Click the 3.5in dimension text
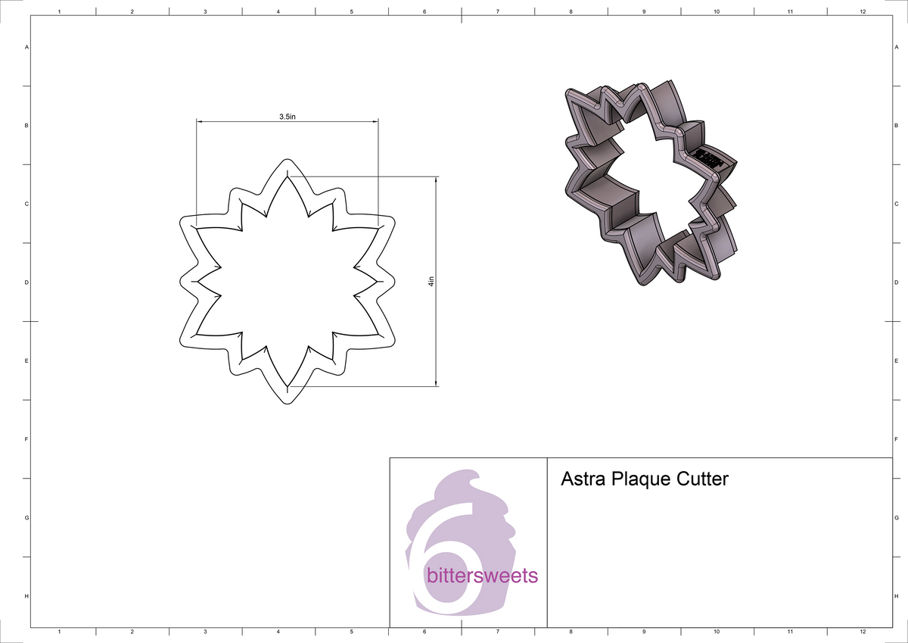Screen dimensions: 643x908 click(287, 117)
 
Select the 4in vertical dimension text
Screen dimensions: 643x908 click(431, 282)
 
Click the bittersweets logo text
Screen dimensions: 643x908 click(482, 576)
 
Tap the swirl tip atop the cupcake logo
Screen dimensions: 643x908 click(474, 476)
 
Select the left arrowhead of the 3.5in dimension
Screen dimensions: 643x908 click(200, 121)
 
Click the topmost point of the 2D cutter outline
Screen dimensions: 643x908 click(287, 160)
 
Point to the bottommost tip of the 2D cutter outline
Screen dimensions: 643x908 click(287, 404)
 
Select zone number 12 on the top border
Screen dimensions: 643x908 click(863, 12)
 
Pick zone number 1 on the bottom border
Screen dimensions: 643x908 click(59, 632)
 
